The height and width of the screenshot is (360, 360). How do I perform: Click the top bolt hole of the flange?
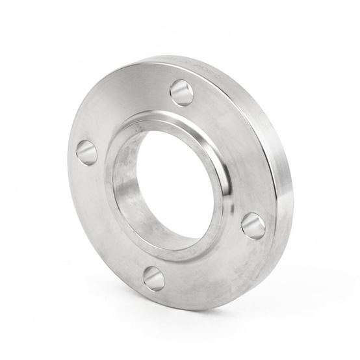pos(181,92)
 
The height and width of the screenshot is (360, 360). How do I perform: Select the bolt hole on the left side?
pos(86,153)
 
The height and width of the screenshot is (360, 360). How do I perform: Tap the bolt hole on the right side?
pos(253,225)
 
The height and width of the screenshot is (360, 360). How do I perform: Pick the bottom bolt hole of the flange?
pos(154,278)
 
